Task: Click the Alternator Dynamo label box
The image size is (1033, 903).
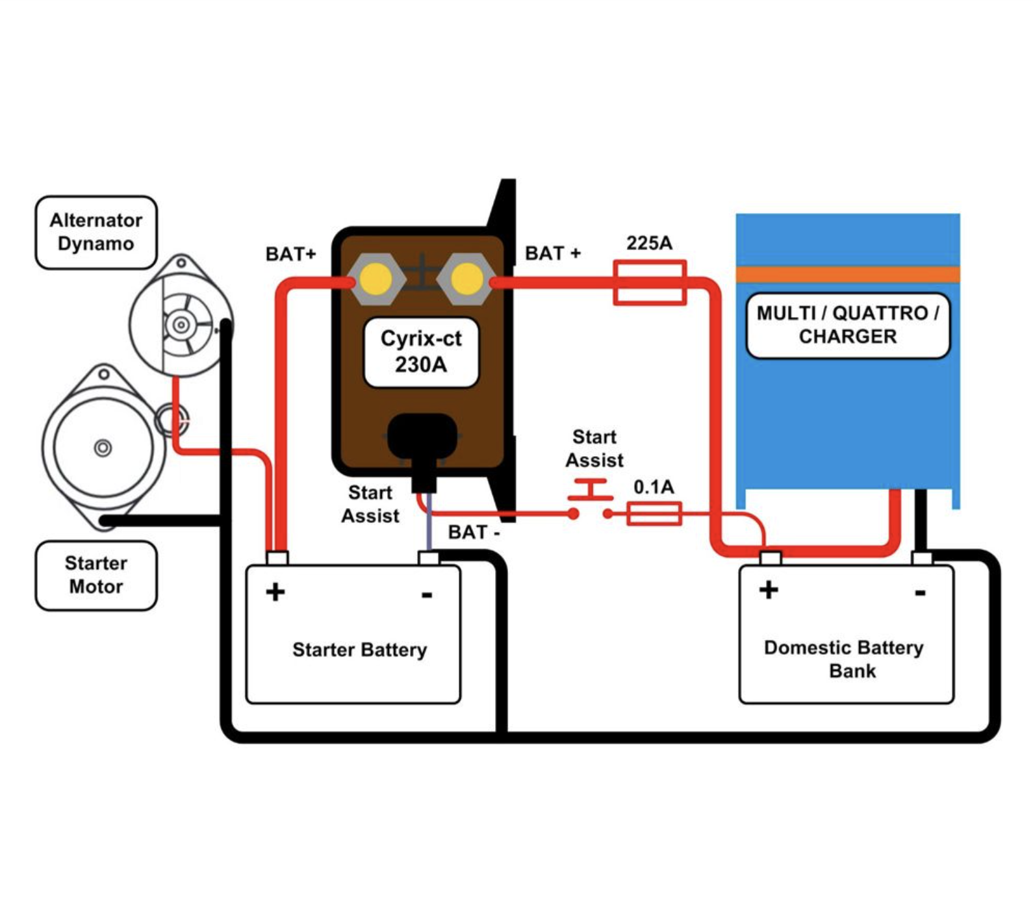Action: click(96, 232)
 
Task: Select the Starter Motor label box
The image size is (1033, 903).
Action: click(96, 575)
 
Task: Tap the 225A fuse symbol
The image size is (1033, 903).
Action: click(650, 283)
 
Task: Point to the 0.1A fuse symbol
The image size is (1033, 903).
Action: click(654, 514)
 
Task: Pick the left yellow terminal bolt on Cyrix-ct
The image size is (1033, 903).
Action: click(376, 279)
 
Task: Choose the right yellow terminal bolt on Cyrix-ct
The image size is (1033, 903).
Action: click(466, 279)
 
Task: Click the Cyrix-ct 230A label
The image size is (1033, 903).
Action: click(421, 351)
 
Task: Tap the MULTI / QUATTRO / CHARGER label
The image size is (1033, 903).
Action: click(848, 325)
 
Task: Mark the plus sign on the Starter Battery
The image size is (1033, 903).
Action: click(275, 592)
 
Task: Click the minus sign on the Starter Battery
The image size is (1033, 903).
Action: click(427, 594)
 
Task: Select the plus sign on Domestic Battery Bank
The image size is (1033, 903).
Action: click(769, 589)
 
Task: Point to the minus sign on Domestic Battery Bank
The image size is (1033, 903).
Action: click(920, 592)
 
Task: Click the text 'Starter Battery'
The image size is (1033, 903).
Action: click(359, 650)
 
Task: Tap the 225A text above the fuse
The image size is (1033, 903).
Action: click(649, 243)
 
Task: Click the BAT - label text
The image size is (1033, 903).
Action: click(474, 532)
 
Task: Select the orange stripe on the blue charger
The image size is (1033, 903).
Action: click(848, 274)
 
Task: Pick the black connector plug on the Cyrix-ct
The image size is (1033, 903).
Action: click(423, 448)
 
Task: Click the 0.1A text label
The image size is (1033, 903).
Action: click(654, 487)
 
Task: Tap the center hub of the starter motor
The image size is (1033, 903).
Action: click(103, 448)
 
